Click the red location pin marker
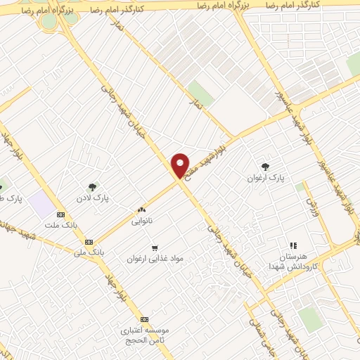[180, 167]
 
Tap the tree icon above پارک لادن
[92, 186]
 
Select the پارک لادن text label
[92, 198]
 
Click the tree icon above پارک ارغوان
[265, 167]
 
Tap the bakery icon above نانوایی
[141, 210]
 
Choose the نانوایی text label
[141, 221]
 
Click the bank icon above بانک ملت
[60, 214]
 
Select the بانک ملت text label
[60, 226]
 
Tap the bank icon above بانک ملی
[88, 242]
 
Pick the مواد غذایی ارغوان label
[155, 258]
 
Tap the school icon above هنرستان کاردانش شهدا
[293, 245]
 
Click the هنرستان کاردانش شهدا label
[293, 262]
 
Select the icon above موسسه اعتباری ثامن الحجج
[144, 319]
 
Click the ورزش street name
[311, 206]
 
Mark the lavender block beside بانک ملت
[43, 205]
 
